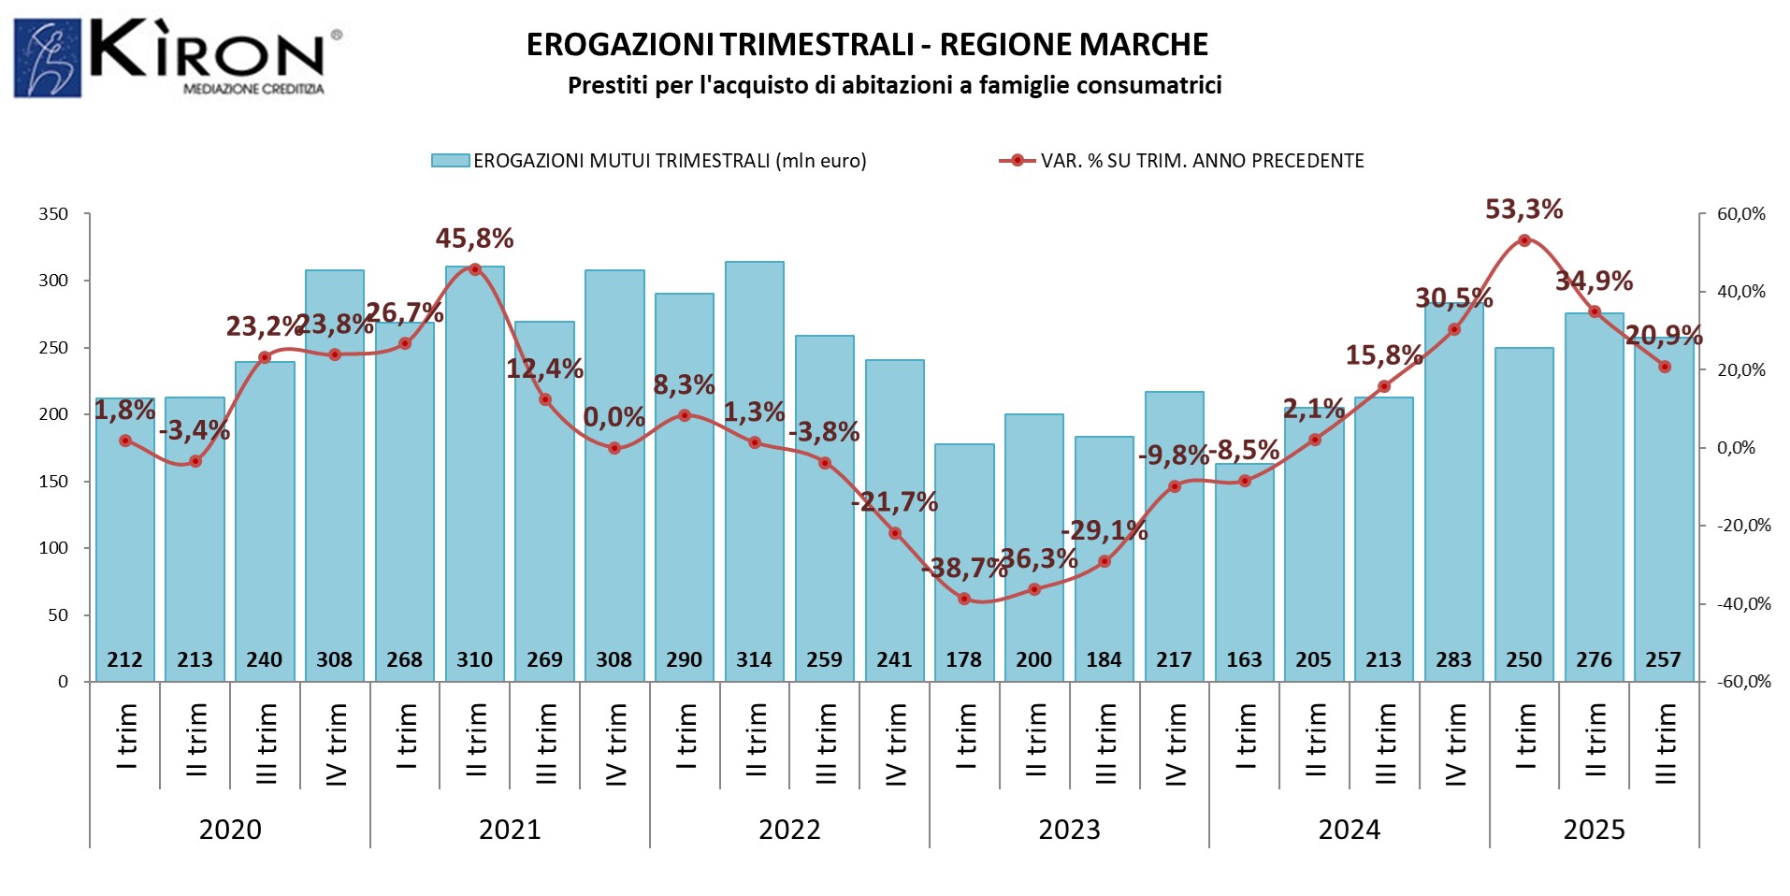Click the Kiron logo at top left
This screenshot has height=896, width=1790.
pyautogui.click(x=178, y=57)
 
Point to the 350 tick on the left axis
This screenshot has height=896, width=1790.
pyautogui.click(x=53, y=214)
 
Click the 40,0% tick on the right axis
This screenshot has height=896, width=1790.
pyautogui.click(x=1740, y=292)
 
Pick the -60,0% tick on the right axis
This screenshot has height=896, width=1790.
pyautogui.click(x=1743, y=682)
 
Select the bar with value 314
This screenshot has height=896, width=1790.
pyautogui.click(x=754, y=468)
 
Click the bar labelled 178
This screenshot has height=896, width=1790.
pyautogui.click(x=964, y=561)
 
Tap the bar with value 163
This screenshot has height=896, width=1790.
pyautogui.click(x=1244, y=571)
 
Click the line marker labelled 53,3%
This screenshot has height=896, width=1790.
pyautogui.click(x=1523, y=240)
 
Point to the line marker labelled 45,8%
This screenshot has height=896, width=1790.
pyautogui.click(x=474, y=269)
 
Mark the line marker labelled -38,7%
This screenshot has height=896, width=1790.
pyautogui.click(x=964, y=599)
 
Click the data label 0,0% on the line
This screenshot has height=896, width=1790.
pyautogui.click(x=614, y=417)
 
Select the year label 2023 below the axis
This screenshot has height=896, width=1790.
pyautogui.click(x=1069, y=830)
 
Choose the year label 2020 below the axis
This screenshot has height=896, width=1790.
pyautogui.click(x=230, y=830)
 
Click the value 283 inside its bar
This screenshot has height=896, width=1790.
pyautogui.click(x=1453, y=660)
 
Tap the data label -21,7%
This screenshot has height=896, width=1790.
pyautogui.click(x=894, y=502)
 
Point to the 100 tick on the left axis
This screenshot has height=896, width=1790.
pyautogui.click(x=53, y=548)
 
